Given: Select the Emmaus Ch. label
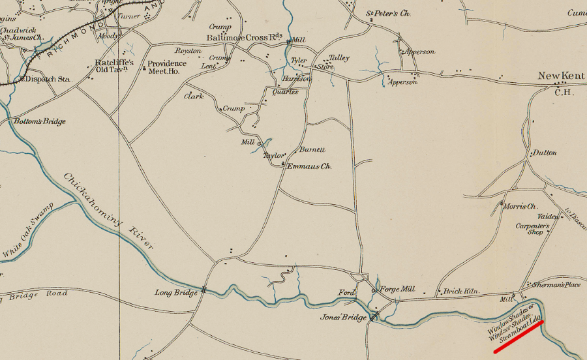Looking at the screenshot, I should pos(310,167).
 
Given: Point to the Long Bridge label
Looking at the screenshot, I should pos(176,293).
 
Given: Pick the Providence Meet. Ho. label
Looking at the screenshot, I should pos(167,67).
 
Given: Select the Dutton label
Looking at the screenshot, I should pos(545,153).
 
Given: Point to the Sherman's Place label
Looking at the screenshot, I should pos(556,285).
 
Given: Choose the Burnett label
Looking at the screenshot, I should pos(312,149).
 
